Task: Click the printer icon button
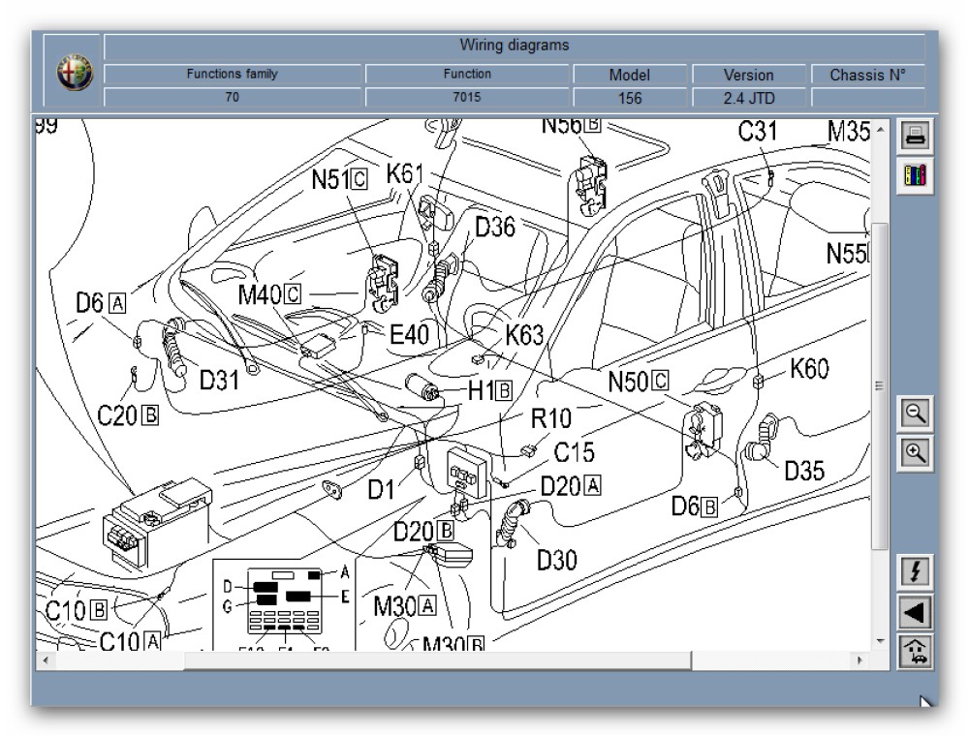916,136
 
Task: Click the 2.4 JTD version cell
749,98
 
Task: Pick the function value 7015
467,97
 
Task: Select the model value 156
629,98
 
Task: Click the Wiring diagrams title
514,45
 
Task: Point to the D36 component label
495,227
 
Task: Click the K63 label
524,335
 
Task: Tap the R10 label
550,418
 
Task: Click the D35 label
804,472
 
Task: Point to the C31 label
759,133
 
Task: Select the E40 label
409,334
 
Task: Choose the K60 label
810,369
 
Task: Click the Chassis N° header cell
867,75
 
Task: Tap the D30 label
557,559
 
